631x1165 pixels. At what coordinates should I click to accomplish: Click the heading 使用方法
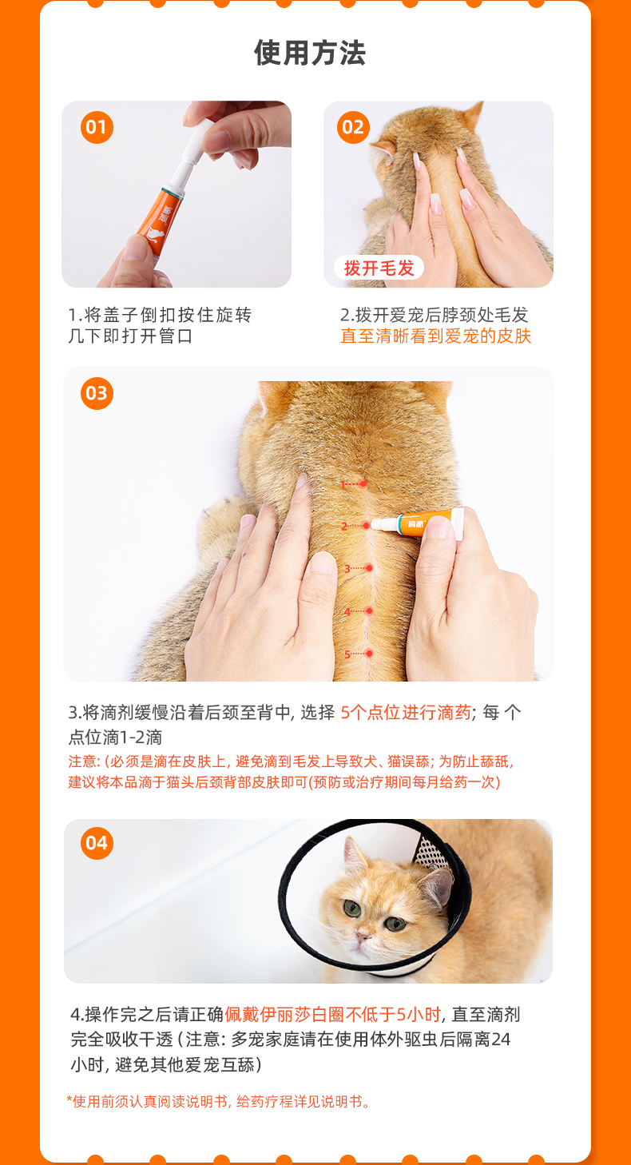pos(310,53)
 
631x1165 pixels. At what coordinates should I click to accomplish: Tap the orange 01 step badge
pos(97,127)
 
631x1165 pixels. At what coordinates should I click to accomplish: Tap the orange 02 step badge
pos(353,127)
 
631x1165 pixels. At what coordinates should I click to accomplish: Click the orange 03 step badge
pos(97,393)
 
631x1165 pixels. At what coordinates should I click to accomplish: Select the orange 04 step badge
pos(97,843)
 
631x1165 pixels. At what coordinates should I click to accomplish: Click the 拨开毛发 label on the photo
pos(379,268)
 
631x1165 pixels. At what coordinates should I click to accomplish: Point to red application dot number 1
pos(363,483)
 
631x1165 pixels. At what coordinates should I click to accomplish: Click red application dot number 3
pos(369,568)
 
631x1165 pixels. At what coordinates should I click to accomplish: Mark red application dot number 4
pos(370,610)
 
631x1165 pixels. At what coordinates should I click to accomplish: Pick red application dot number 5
pos(369,653)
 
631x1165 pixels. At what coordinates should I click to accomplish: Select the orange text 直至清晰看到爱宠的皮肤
pos(435,336)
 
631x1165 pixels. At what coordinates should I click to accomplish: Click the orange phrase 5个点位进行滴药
pos(406,712)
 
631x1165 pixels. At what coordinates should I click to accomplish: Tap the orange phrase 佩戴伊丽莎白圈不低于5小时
pos(332,1014)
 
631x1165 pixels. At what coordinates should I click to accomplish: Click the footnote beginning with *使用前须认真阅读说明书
pos(218,1101)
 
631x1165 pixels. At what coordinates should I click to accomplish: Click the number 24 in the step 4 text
pos(501,1039)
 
